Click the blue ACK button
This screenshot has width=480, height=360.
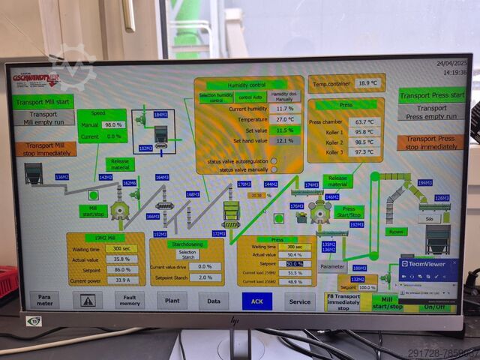(257, 301)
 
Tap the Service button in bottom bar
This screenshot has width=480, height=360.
(300, 301)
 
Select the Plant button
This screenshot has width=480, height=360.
(172, 300)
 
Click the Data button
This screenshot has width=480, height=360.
(214, 300)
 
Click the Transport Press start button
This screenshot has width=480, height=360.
(431, 95)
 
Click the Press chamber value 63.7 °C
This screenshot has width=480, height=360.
(364, 121)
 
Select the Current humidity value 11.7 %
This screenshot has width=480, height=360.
(285, 109)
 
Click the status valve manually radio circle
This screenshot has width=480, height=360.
(274, 170)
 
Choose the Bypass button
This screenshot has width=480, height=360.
(394, 232)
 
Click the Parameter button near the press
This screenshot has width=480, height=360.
(332, 265)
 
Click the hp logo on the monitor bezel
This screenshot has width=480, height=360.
(235, 321)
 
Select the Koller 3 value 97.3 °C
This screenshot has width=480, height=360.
(364, 152)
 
